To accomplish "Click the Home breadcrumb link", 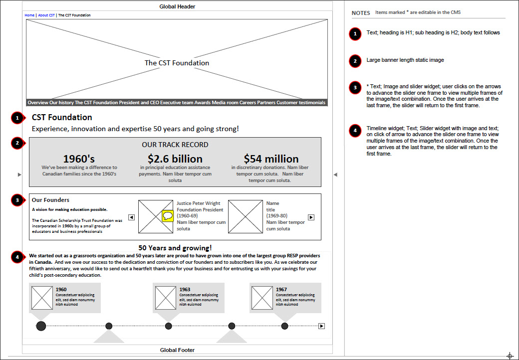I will pyautogui.click(x=29, y=15).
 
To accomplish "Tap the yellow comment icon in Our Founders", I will pyautogui.click(x=168, y=216).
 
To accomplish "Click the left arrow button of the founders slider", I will pyautogui.click(x=131, y=217).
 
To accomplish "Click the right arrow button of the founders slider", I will pyautogui.click(x=311, y=217).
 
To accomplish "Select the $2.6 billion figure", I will pyautogui.click(x=175, y=159).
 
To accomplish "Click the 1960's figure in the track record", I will pyautogui.click(x=79, y=159).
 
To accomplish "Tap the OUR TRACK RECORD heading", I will pyautogui.click(x=175, y=145).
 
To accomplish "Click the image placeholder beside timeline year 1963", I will pyautogui.click(x=165, y=297).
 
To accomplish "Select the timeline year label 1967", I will pyautogui.click(x=281, y=289).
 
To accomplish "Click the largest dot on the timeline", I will pyautogui.click(x=41, y=326).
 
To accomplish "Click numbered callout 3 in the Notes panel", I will pyautogui.click(x=355, y=88).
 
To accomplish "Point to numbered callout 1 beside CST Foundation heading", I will pyautogui.click(x=17, y=118).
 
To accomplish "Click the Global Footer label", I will pyautogui.click(x=177, y=350).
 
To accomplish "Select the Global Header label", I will pyautogui.click(x=177, y=6).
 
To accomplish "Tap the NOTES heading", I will pyautogui.click(x=361, y=13).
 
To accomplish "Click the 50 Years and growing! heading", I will pyautogui.click(x=175, y=248).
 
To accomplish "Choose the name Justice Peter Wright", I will pyautogui.click(x=199, y=203).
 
